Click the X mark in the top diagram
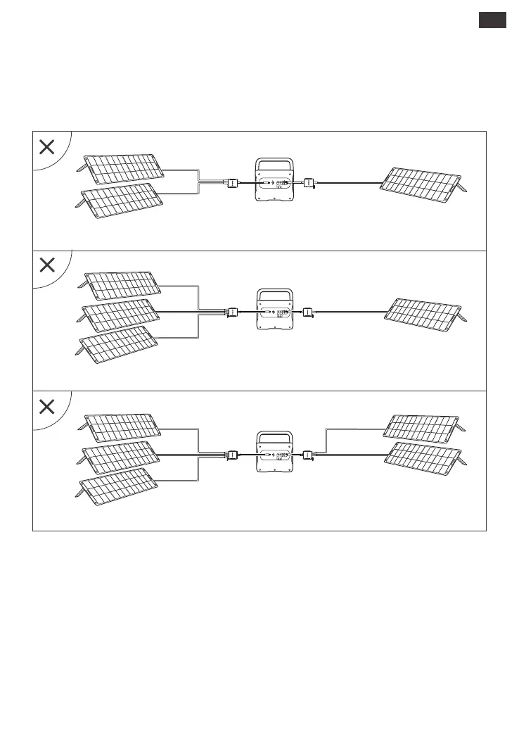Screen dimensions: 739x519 (x=47, y=147)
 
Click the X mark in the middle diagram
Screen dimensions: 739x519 (x=47, y=265)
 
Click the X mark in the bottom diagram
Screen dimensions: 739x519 (x=47, y=406)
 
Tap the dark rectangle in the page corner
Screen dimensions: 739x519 (x=492, y=20)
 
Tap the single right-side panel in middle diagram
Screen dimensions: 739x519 (x=426, y=314)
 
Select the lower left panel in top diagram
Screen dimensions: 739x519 (x=121, y=200)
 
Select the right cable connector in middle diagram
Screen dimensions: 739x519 (x=308, y=311)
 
